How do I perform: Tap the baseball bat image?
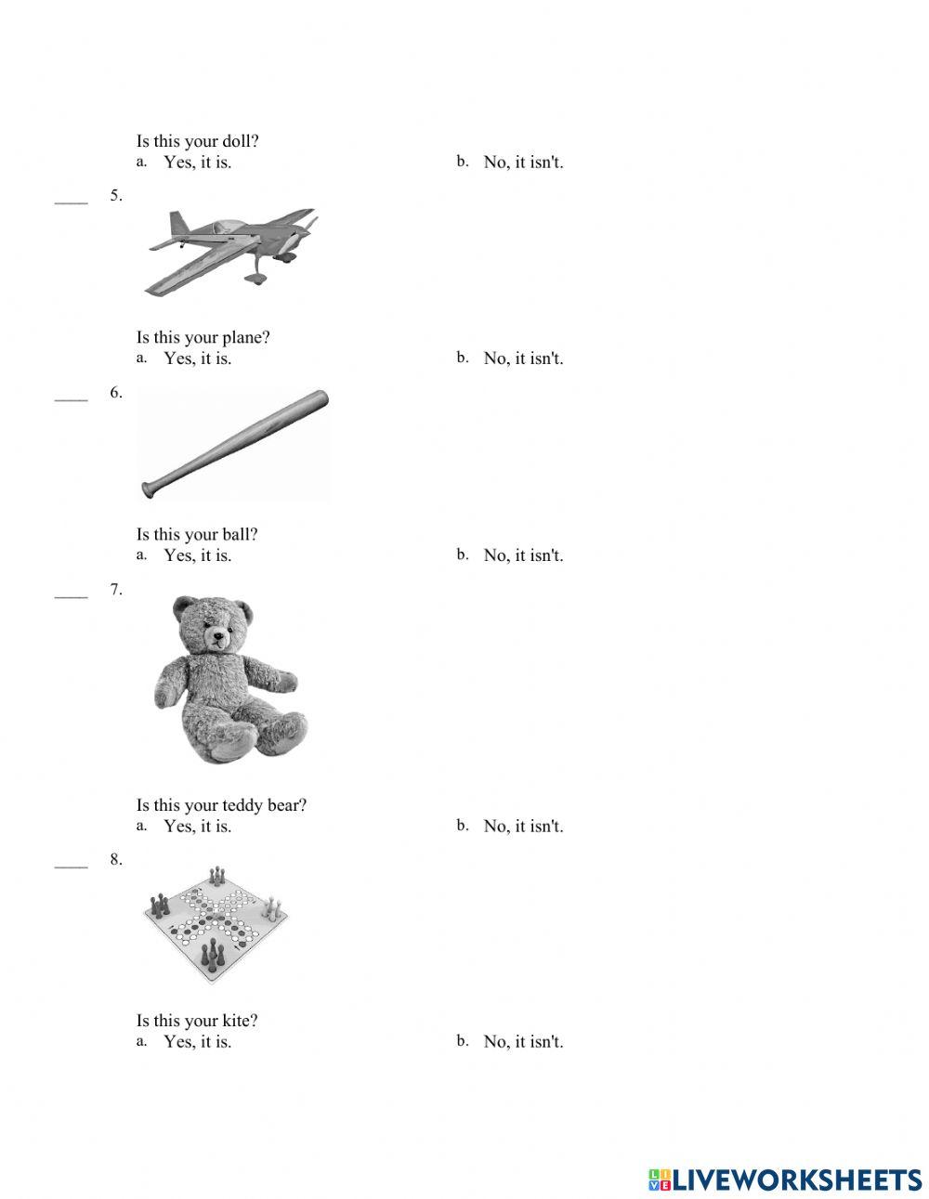tap(235, 444)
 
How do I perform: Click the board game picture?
tap(216, 924)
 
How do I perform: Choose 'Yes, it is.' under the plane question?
tap(197, 358)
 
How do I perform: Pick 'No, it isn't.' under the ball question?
tap(523, 555)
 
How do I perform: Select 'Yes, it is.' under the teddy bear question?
tap(197, 827)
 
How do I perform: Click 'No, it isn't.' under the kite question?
tap(523, 1042)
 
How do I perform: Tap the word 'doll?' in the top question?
tap(241, 141)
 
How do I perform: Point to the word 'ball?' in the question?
tap(241, 534)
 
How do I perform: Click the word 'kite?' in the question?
tap(241, 1021)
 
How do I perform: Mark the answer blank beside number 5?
tap(71, 200)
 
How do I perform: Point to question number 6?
tap(116, 393)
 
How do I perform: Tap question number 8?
tap(116, 860)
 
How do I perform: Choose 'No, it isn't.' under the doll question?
tap(523, 163)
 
